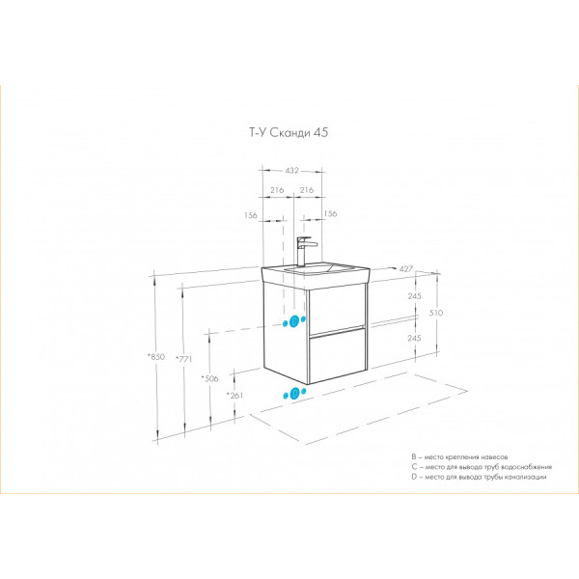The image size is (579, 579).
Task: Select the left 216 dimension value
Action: [276, 190]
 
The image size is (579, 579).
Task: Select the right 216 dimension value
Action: [306, 190]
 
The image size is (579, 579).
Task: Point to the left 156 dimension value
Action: [251, 214]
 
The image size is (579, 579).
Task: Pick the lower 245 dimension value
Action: [415, 338]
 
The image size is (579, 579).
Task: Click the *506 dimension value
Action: [209, 377]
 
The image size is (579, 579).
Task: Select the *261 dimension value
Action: [234, 396]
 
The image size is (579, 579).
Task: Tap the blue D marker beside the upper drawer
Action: [295, 321]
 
